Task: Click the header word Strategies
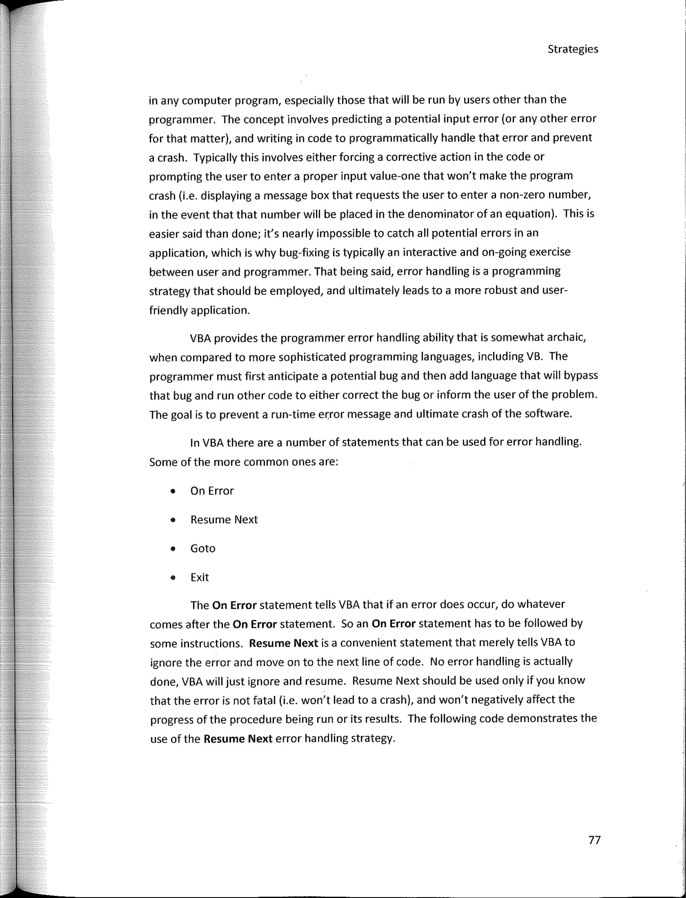572,50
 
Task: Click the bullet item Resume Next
224,520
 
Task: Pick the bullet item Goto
203,548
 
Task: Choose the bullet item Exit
199,577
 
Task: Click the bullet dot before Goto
173,549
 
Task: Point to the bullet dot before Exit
173,578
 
